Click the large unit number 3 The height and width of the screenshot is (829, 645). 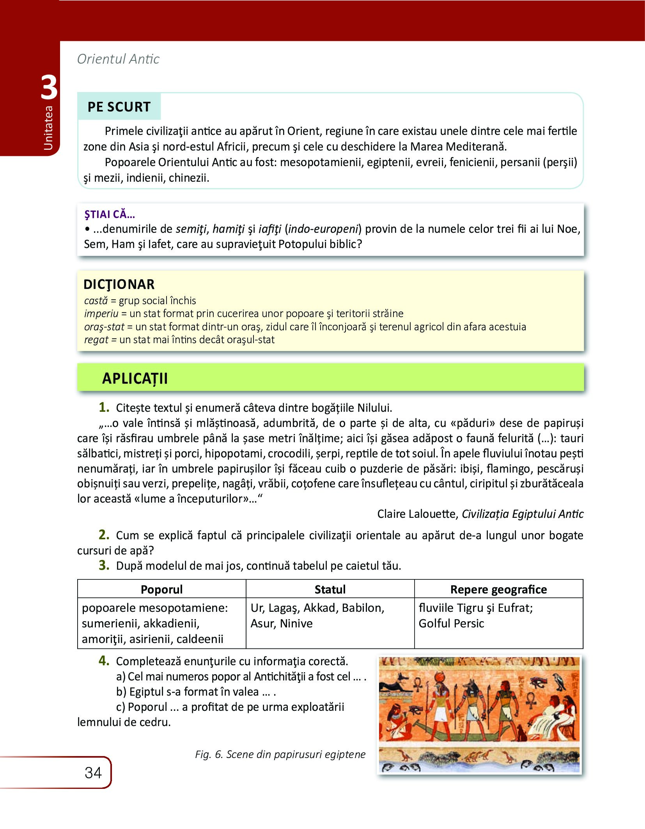(x=49, y=88)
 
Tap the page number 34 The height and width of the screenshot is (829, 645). (x=93, y=773)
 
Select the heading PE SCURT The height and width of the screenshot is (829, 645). (x=119, y=107)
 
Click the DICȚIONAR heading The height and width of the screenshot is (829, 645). (x=119, y=284)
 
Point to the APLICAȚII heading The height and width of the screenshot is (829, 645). (x=135, y=378)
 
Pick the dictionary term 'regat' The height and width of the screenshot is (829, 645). (x=96, y=340)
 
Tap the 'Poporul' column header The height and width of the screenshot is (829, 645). (x=161, y=589)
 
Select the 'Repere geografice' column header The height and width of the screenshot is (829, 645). (x=498, y=589)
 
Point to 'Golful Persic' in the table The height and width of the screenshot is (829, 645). (x=451, y=623)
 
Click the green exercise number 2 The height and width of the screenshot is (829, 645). (x=104, y=535)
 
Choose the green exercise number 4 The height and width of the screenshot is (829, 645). (x=104, y=661)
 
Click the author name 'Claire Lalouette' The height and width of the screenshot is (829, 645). (x=417, y=514)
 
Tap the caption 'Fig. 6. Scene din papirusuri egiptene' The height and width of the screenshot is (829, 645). (x=280, y=754)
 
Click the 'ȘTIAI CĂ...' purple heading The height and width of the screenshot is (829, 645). (x=110, y=214)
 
